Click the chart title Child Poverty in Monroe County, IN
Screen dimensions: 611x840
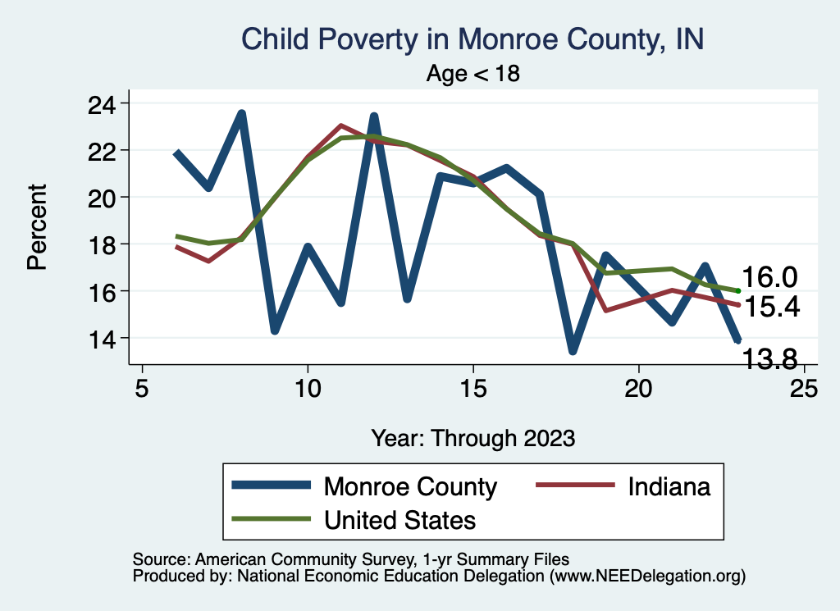tap(472, 39)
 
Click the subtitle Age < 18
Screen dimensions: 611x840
tap(473, 74)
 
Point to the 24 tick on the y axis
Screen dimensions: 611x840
tap(103, 104)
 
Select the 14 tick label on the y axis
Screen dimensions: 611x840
tap(103, 339)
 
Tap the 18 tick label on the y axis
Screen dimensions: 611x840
tap(103, 244)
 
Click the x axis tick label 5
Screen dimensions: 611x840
tap(142, 388)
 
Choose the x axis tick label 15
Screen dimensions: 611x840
tap(472, 388)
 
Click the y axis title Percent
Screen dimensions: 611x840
tap(36, 227)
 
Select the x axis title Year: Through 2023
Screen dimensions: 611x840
tap(472, 437)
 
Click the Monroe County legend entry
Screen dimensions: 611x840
tap(410, 486)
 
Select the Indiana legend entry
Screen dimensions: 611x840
tap(669, 486)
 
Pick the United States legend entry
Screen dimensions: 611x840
tap(399, 519)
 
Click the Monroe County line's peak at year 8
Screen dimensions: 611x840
tap(242, 114)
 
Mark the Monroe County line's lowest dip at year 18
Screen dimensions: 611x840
tap(573, 350)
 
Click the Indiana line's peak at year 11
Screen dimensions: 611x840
tap(340, 126)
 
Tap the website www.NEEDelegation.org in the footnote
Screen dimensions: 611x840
tap(648, 577)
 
